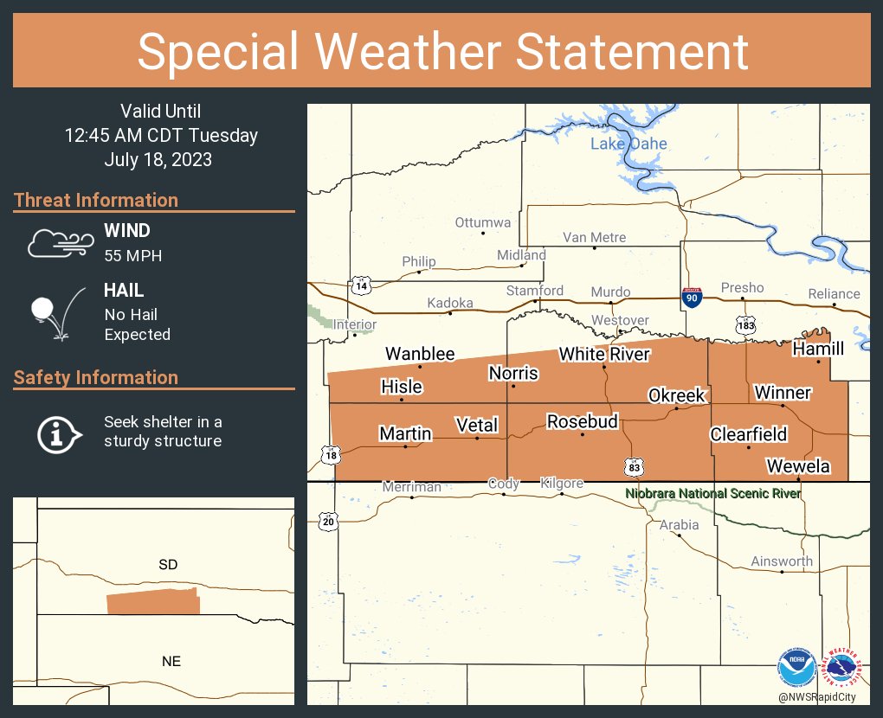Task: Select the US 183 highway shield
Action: click(x=746, y=324)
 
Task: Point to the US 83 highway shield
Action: click(x=635, y=467)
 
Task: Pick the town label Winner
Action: click(x=782, y=393)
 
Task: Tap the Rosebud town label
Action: click(x=582, y=421)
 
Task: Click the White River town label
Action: click(x=603, y=354)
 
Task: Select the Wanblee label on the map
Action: click(x=420, y=354)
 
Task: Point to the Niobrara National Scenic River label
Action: click(x=712, y=494)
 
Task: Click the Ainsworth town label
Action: click(x=782, y=561)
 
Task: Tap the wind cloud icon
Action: click(x=59, y=243)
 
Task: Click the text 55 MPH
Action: click(x=133, y=256)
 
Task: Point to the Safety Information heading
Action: click(x=96, y=377)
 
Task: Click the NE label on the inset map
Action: click(x=171, y=662)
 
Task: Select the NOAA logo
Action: click(x=795, y=669)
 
